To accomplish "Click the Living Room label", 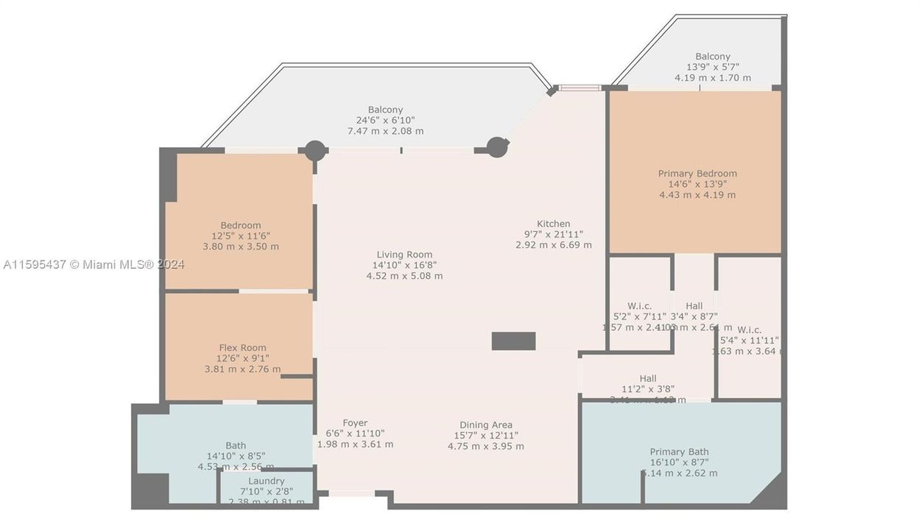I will pos(404,255).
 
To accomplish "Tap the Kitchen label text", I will pos(553,224).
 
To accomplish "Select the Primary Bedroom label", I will pos(697,174).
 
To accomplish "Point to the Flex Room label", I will pos(242,347).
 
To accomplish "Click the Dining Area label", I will pos(485,425).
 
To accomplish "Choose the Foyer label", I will pos(355,423).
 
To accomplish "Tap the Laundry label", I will pos(266,481).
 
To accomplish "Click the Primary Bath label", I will pos(679,452).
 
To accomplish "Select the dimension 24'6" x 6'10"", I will pos(385,121).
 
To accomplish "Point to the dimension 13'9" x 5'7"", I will pos(713,67).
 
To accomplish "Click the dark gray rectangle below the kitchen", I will pos(513,341).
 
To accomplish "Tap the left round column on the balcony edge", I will pos(315,150).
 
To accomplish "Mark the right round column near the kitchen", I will pos(497,147).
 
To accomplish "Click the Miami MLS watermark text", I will pos(94,264).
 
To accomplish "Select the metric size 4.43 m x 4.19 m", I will pos(697,195).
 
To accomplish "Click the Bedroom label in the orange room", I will pos(241,225).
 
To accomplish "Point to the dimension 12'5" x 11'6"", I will pos(241,236).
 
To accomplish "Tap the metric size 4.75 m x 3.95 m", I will pos(485,446).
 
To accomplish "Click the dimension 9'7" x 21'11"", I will pos(553,235).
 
